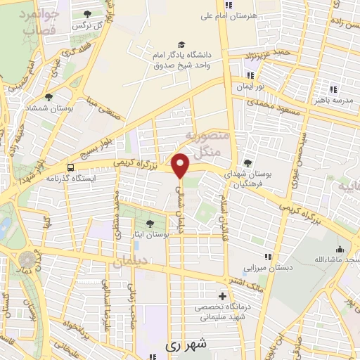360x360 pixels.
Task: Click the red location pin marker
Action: tap(181, 166)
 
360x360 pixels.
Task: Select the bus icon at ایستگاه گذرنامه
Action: tap(70, 167)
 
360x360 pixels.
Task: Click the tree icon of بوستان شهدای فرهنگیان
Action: tap(247, 161)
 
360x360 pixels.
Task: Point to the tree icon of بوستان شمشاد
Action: tap(48, 98)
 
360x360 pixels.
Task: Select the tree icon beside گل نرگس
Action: tap(87, 14)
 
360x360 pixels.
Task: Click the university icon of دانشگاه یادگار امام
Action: tap(183, 44)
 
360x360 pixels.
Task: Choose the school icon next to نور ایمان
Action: tap(250, 75)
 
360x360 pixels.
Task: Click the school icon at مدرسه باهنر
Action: tap(333, 89)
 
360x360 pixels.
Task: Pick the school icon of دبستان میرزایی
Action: tap(267, 257)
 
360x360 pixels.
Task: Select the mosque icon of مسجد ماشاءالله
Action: tap(340, 249)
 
